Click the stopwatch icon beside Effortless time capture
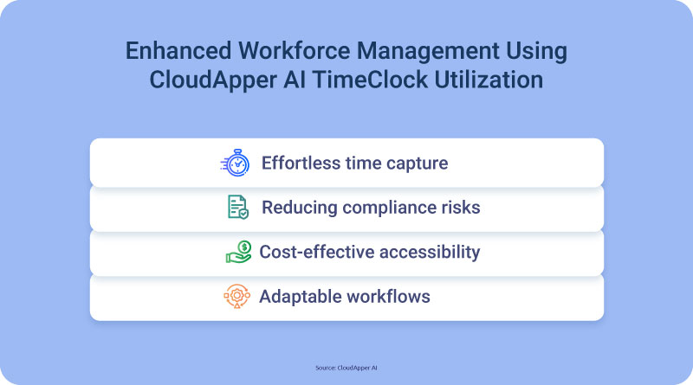click(x=235, y=163)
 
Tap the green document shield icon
click(x=238, y=207)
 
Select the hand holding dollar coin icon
click(x=239, y=252)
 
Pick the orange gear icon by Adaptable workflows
click(x=236, y=296)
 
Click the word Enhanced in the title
click(x=178, y=50)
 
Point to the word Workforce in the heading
click(x=294, y=50)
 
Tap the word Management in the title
click(x=428, y=51)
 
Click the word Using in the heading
click(x=536, y=52)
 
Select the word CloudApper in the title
click(x=213, y=80)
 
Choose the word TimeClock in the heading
click(x=371, y=80)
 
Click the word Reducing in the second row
click(x=300, y=208)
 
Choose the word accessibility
click(x=430, y=253)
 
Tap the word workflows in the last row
click(x=387, y=296)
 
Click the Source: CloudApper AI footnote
click(x=346, y=368)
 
